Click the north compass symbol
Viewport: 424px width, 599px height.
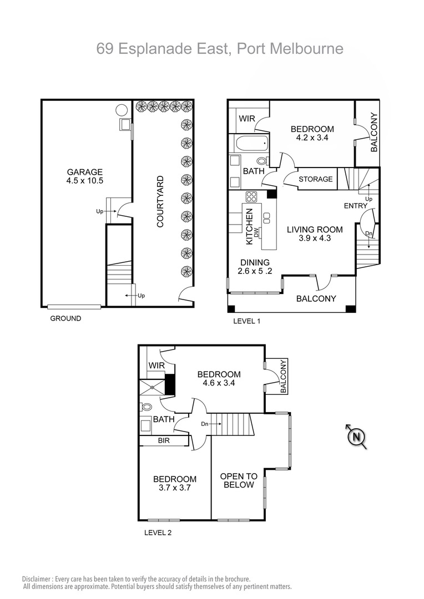point(356,436)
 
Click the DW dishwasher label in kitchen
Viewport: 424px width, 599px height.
point(256,233)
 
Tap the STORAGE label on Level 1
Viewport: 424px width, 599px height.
point(315,179)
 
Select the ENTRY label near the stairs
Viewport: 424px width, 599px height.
point(355,206)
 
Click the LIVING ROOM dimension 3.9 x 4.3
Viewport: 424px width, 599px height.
point(315,239)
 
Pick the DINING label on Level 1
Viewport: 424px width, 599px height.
point(255,262)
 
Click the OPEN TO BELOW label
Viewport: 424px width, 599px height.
point(239,480)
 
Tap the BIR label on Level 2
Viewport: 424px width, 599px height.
point(164,441)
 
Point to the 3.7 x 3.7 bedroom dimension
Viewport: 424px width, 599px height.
point(175,489)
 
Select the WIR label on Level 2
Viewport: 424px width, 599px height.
point(157,366)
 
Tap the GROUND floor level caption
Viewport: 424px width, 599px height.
point(65,318)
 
